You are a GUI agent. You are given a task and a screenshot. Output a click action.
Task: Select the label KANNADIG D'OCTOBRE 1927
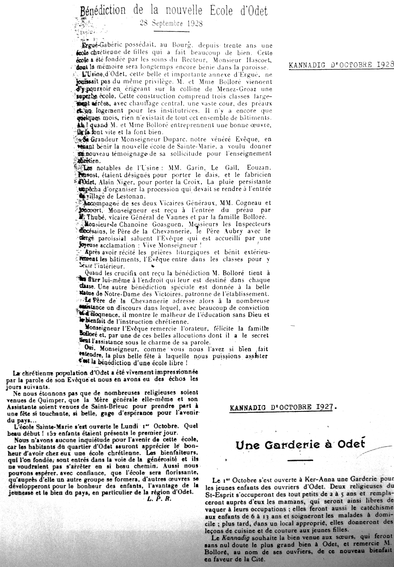[x=283, y=407]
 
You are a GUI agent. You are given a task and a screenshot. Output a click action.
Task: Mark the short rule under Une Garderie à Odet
[x=300, y=460]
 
